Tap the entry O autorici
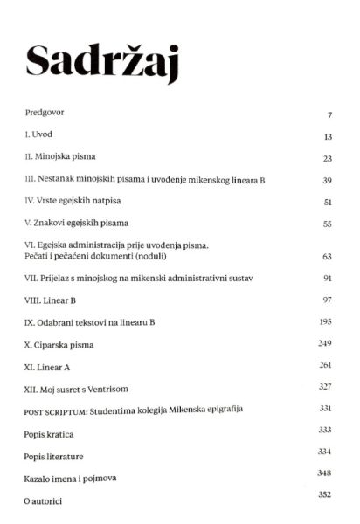coord(44,501)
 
